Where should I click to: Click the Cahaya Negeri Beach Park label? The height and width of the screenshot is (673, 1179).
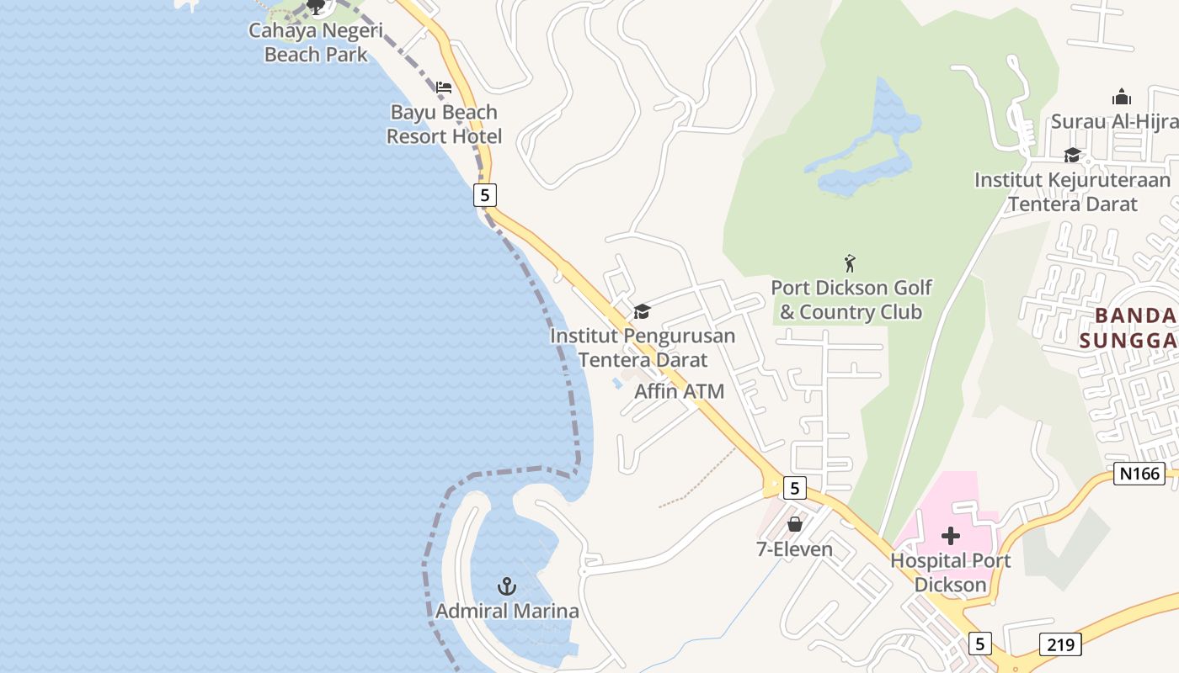[x=316, y=43]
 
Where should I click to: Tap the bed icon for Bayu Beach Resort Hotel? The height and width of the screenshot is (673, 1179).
[x=444, y=87]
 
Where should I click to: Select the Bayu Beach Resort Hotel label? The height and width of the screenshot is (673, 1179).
[x=444, y=125]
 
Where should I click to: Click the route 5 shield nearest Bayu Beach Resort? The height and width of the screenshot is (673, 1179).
[x=484, y=195]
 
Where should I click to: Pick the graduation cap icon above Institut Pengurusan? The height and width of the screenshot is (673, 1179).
[x=642, y=312]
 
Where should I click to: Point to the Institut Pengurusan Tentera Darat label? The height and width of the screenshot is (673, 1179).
[x=643, y=347]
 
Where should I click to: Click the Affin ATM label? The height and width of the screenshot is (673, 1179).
[x=679, y=391]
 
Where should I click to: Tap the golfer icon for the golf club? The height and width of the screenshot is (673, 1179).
[x=850, y=263]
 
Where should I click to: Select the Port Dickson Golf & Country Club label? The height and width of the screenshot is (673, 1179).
[x=851, y=299]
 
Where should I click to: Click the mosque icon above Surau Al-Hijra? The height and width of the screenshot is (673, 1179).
[x=1121, y=97]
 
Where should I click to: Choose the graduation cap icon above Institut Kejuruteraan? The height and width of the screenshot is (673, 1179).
[x=1072, y=156]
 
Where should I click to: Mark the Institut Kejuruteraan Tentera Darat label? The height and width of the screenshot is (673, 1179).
[x=1072, y=192]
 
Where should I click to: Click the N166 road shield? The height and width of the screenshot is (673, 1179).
[x=1139, y=474]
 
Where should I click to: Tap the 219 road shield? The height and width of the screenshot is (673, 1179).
[x=1059, y=644]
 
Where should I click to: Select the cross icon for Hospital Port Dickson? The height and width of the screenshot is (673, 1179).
[x=951, y=535]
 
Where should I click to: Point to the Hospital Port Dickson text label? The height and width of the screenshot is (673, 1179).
[x=950, y=572]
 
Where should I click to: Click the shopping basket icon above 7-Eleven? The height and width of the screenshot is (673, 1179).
[x=794, y=525]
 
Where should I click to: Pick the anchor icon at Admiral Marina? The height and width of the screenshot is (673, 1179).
[x=506, y=586]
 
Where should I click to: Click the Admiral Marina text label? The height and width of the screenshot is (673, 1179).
[x=507, y=612]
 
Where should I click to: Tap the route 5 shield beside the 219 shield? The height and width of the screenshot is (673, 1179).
[x=979, y=644]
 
